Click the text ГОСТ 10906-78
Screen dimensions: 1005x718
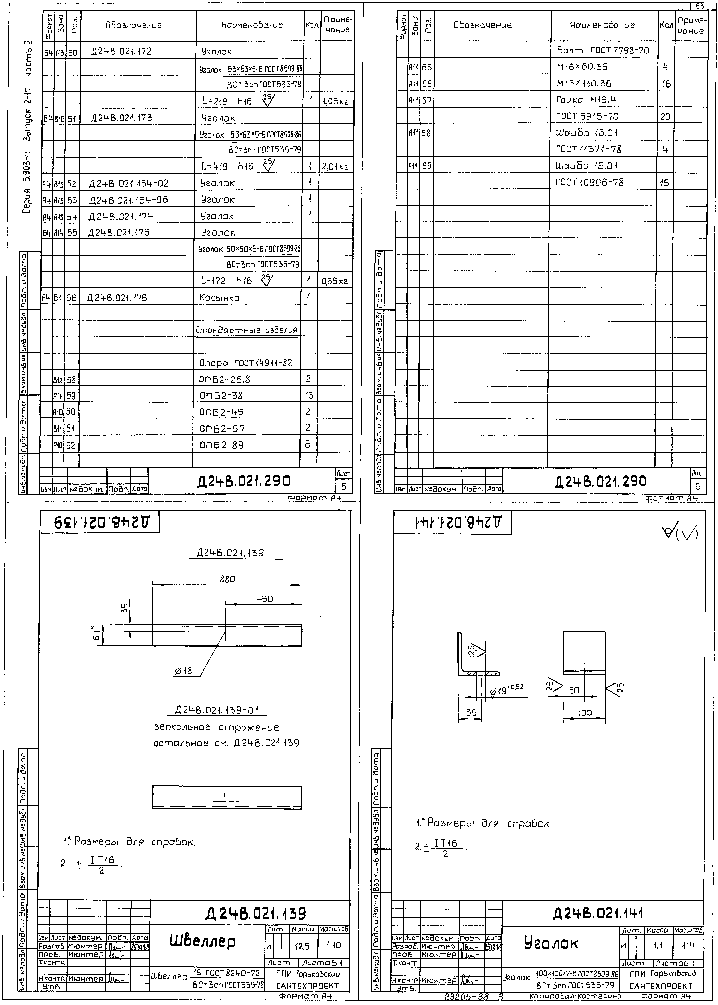[x=589, y=182]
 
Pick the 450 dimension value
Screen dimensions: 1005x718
[x=264, y=599]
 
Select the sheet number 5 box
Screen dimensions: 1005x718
[x=344, y=486]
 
